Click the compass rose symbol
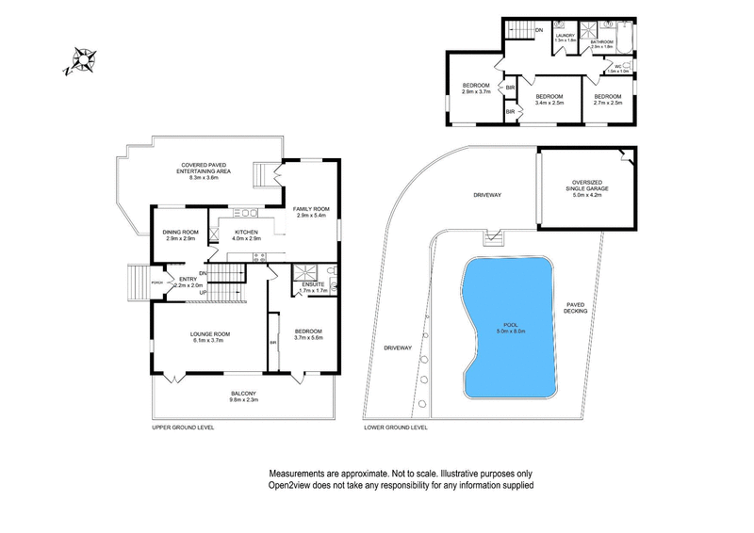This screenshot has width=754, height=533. click(x=82, y=61)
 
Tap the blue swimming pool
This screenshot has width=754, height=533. click(x=508, y=325)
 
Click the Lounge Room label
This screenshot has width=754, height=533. click(x=211, y=334)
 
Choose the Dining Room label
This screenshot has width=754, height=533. click(x=181, y=232)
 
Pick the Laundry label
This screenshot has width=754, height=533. click(x=565, y=36)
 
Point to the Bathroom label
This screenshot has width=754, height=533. click(x=602, y=41)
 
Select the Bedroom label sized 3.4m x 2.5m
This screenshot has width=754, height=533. click(x=549, y=97)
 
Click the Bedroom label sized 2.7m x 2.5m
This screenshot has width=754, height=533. click(x=607, y=97)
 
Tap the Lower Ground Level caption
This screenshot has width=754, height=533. click(x=396, y=428)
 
